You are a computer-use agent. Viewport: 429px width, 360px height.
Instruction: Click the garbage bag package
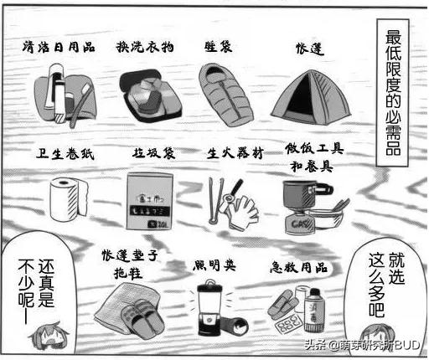pyautogui.click(x=147, y=201)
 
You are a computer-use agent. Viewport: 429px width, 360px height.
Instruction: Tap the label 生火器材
pyautogui.click(x=235, y=154)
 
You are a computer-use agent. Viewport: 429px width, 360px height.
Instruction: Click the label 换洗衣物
pyautogui.click(x=144, y=47)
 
